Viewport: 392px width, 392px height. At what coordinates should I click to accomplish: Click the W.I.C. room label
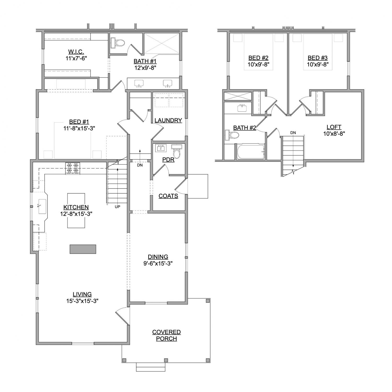[76, 52]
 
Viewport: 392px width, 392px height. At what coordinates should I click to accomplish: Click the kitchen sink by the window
[42, 206]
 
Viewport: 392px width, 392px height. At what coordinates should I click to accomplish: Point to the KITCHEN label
[76, 207]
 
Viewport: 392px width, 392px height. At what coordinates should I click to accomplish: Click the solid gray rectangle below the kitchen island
[83, 249]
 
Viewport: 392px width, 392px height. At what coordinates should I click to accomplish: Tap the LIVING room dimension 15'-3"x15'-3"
[82, 301]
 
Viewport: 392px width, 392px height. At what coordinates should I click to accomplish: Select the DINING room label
[158, 257]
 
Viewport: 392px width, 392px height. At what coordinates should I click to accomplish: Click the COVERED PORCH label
[166, 335]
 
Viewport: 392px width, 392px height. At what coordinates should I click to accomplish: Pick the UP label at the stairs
[118, 207]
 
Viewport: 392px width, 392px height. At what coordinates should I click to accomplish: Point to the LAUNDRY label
[168, 120]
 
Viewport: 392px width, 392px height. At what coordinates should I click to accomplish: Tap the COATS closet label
[168, 196]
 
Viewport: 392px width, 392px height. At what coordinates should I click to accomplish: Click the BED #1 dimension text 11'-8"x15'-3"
[79, 128]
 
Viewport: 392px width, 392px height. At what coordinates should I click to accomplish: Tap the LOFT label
[334, 127]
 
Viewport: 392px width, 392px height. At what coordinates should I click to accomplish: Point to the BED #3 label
[318, 58]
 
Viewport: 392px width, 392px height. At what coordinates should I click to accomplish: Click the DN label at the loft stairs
[293, 133]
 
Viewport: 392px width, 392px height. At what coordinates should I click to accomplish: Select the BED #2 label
[258, 58]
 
